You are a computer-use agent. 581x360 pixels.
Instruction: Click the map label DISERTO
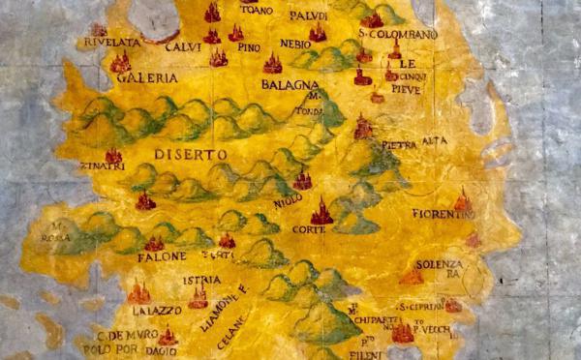pos(190,154)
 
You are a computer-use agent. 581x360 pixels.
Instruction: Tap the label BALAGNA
pos(284,85)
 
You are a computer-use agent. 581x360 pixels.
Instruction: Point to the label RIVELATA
pos(107,43)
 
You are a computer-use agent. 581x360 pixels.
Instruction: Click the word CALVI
pos(175,45)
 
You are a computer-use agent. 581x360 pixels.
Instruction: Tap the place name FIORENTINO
pos(442,214)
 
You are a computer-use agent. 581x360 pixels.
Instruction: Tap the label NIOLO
pos(289,199)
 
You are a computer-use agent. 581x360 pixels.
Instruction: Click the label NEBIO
pos(294,45)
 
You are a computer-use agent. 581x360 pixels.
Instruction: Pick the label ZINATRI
pos(106,167)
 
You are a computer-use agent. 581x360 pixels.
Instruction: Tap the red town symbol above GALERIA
pos(121,62)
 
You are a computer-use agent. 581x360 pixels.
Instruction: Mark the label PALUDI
pos(308,15)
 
